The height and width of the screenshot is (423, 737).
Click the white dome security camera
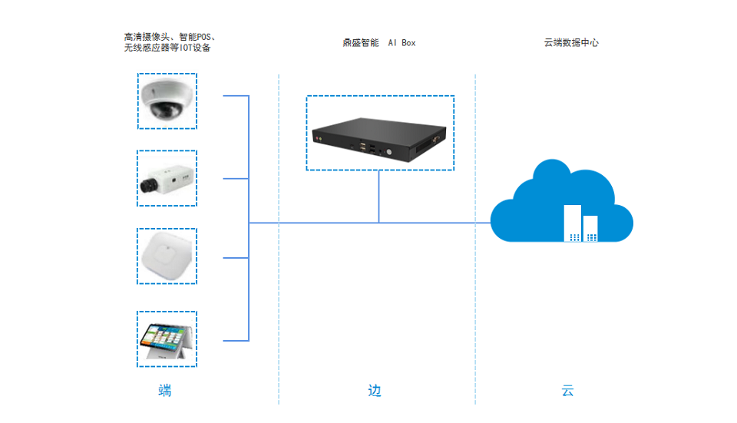point(167,101)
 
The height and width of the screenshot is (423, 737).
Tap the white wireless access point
point(167,256)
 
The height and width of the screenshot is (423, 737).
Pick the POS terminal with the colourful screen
point(167,339)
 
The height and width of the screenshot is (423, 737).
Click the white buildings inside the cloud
point(581,223)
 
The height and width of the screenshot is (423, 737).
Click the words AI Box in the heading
point(402,43)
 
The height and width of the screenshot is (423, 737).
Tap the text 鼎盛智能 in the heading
point(361,43)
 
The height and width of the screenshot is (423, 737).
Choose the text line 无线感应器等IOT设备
point(167,48)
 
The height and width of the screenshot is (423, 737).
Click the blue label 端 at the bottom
point(165,391)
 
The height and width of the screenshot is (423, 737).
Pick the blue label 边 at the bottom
point(374,391)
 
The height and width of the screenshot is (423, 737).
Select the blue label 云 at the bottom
point(567,391)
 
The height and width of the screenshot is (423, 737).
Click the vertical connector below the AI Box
point(379,197)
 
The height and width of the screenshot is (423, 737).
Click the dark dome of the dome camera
point(164,110)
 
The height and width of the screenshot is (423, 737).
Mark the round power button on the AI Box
point(389,151)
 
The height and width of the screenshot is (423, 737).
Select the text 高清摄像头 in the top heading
point(146,37)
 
